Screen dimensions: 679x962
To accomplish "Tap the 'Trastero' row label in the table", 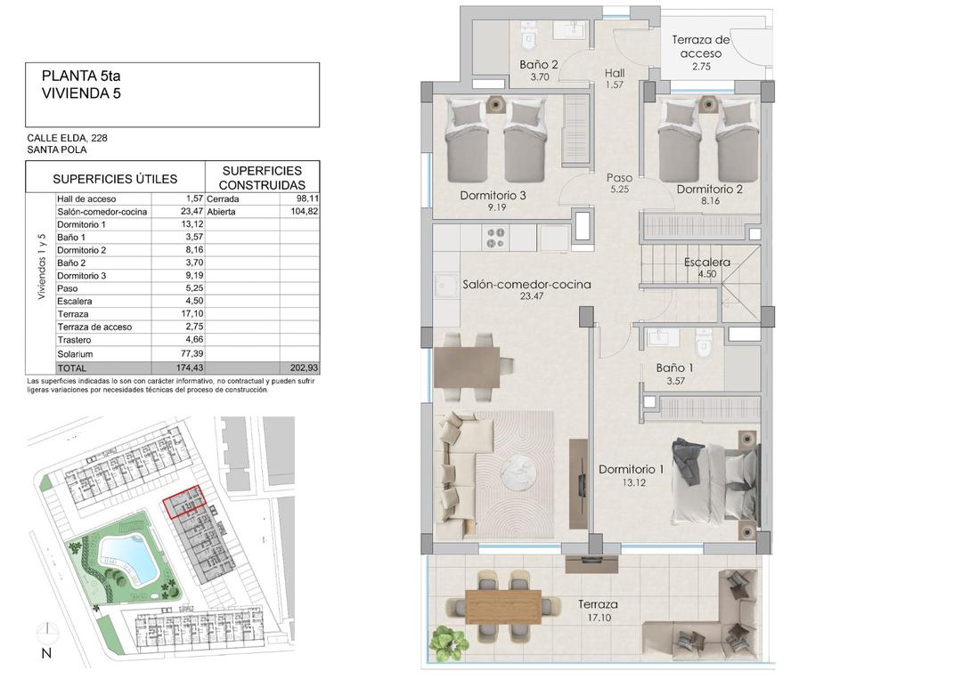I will click(75, 339).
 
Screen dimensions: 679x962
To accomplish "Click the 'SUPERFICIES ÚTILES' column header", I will click(115, 179).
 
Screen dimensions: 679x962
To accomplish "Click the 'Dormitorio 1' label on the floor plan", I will click(632, 469).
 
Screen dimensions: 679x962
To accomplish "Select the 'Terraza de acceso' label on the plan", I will click(701, 46).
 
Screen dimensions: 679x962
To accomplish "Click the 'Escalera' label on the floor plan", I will click(707, 263).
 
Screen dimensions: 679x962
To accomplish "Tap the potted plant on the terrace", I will click(447, 642).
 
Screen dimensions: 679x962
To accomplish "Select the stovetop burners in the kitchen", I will click(493, 237).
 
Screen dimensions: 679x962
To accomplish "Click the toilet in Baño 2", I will click(528, 36).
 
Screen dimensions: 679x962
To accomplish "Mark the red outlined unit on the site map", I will click(184, 503).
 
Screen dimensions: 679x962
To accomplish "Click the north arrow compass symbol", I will click(46, 635).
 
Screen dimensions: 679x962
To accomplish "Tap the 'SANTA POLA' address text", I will click(57, 150).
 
